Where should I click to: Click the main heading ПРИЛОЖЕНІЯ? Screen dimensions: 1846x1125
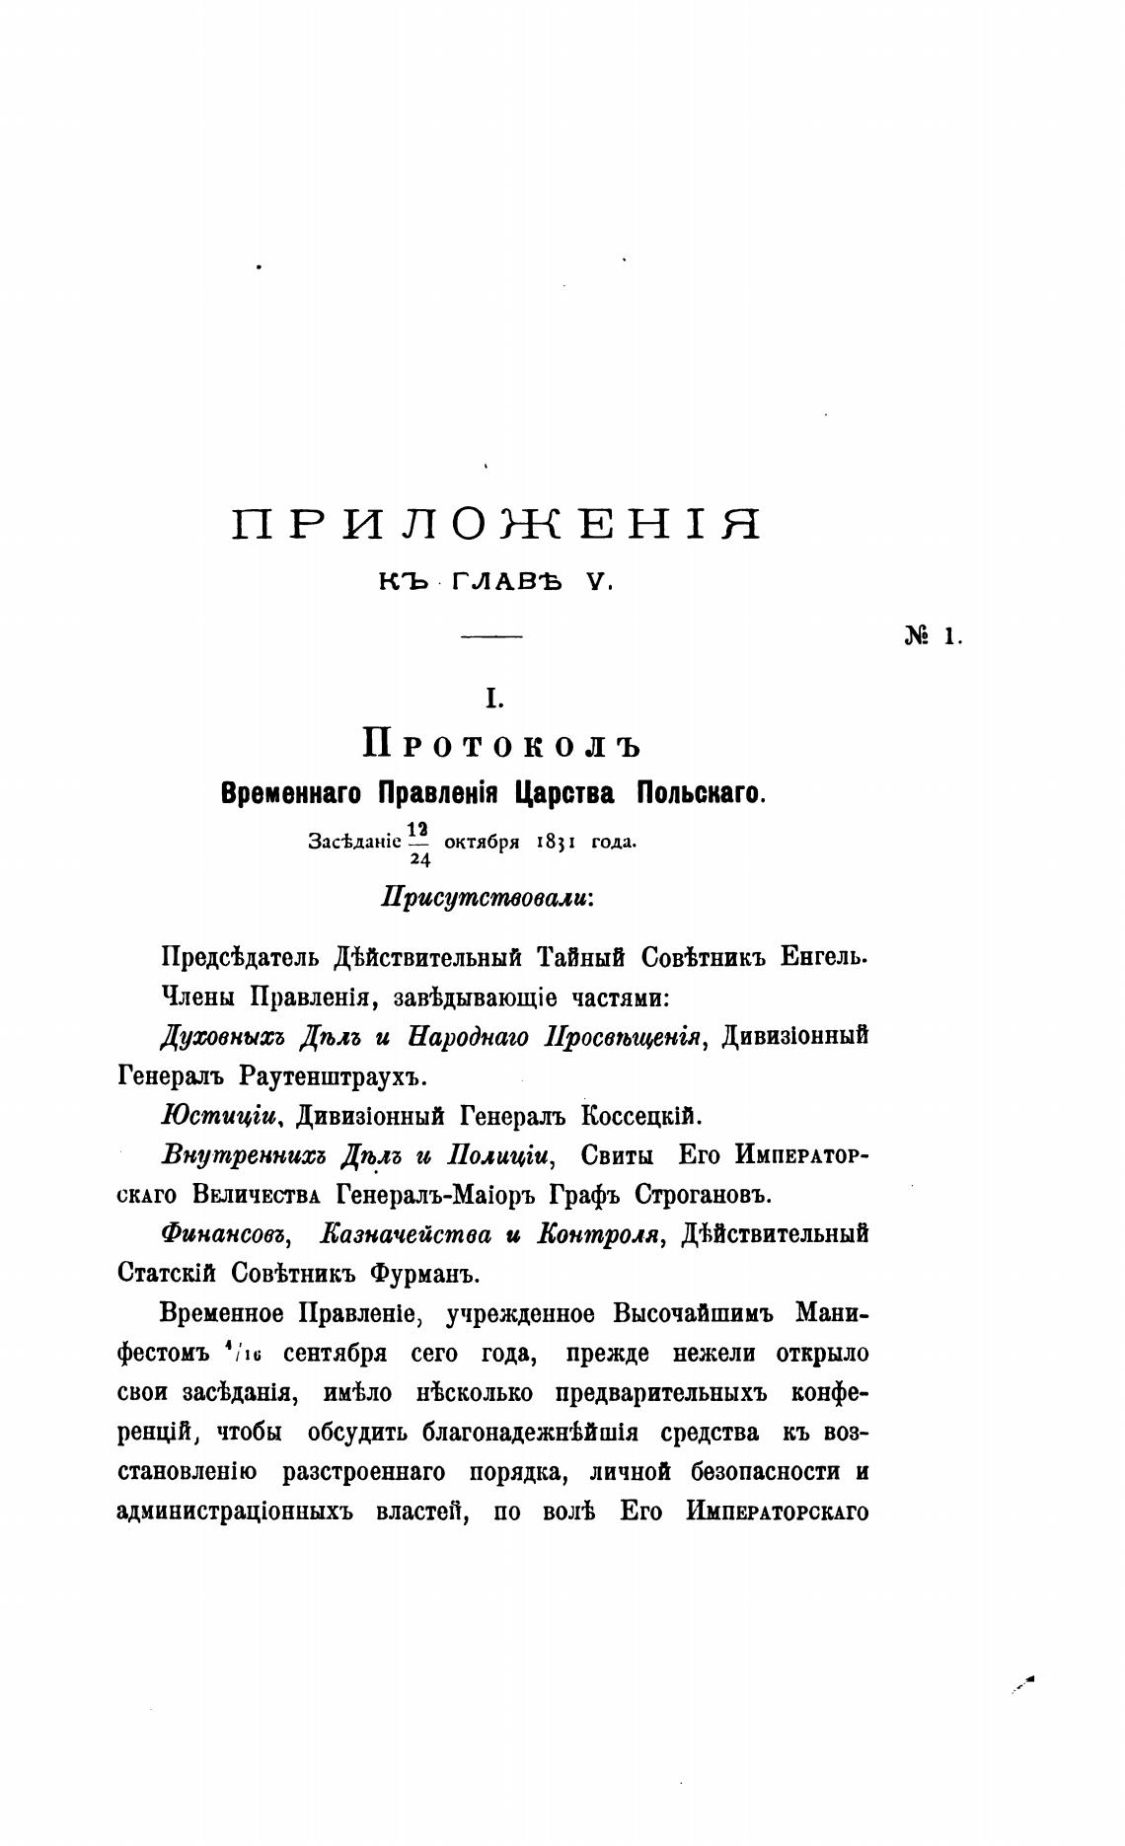[x=496, y=524]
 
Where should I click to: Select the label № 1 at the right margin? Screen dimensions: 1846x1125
[x=933, y=636]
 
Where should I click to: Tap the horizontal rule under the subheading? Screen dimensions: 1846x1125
[x=491, y=638]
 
